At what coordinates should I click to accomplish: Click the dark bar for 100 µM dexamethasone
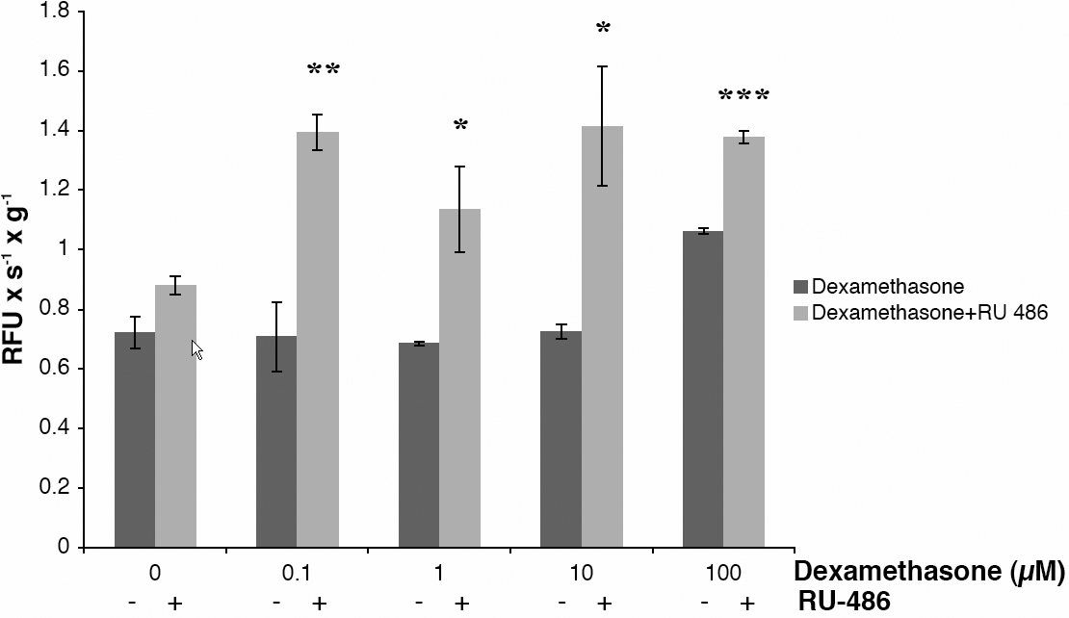pyautogui.click(x=703, y=390)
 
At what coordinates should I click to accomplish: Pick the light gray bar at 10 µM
pyautogui.click(x=603, y=337)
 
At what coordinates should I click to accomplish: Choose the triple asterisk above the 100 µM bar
pyautogui.click(x=744, y=96)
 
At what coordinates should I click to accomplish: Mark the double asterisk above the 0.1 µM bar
pyautogui.click(x=324, y=70)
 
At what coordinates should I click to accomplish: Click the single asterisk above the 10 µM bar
pyautogui.click(x=603, y=29)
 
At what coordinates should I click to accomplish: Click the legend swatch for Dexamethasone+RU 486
pyautogui.click(x=801, y=313)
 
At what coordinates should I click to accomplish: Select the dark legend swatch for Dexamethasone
pyautogui.click(x=801, y=287)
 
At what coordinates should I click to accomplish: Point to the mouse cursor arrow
pyautogui.click(x=197, y=349)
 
